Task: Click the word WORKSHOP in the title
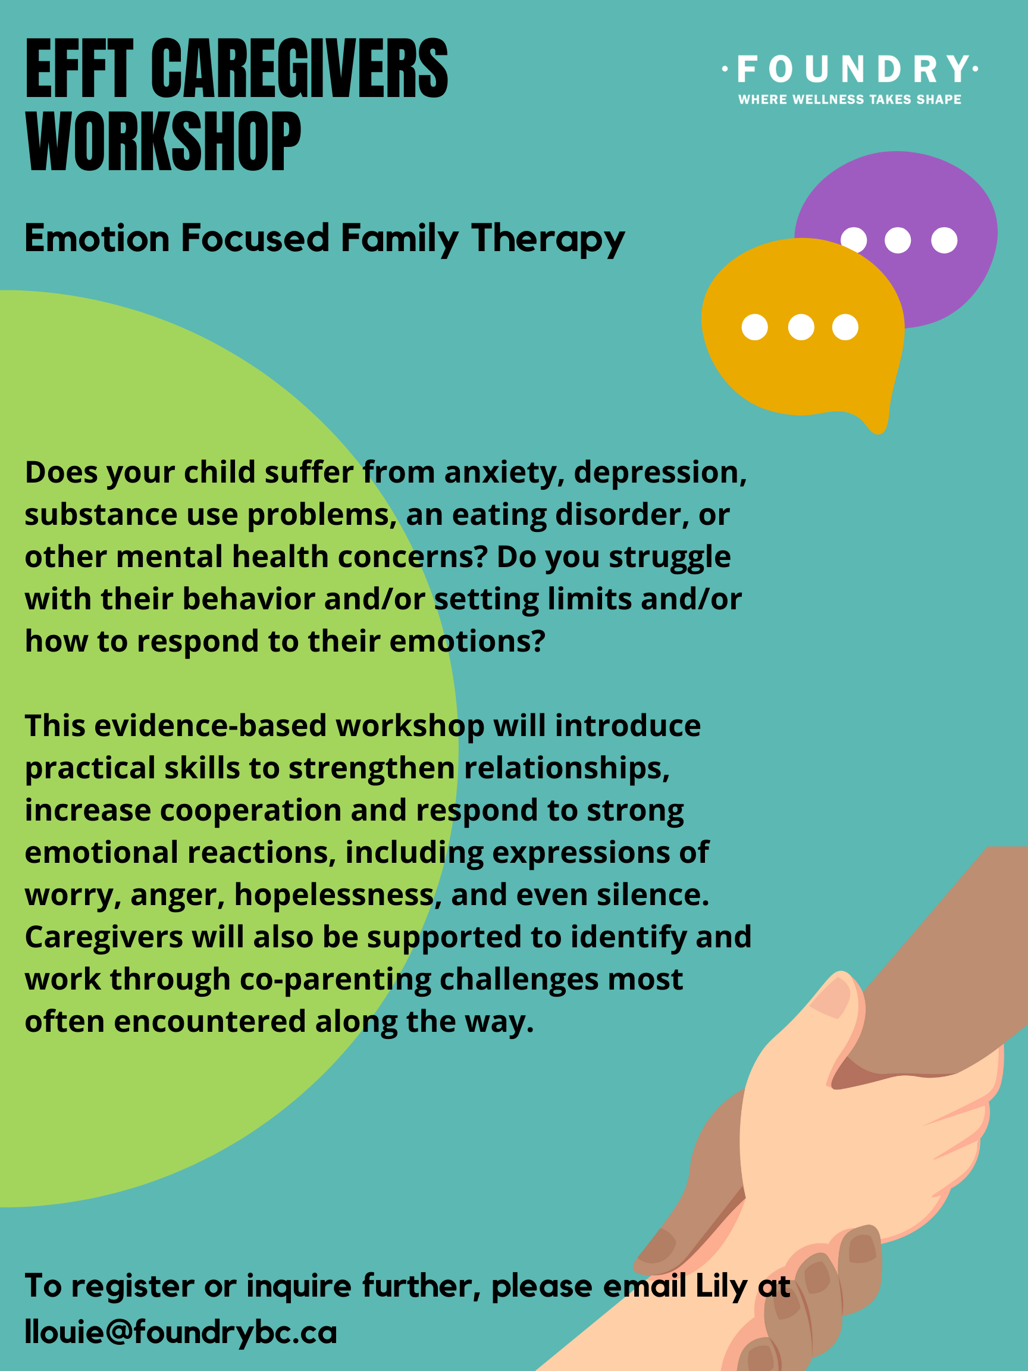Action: point(164,141)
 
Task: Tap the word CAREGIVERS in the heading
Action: point(299,68)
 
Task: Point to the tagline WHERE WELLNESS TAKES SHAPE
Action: point(850,99)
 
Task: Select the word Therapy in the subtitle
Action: point(548,239)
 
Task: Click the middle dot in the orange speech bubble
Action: point(801,327)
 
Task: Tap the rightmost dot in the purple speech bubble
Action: point(944,240)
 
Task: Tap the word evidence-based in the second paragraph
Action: point(211,726)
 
